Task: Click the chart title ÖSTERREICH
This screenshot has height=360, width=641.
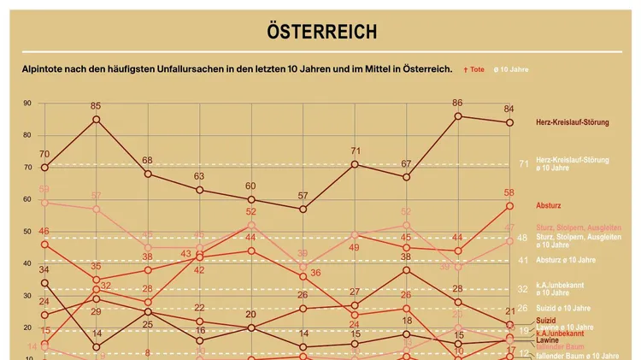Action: click(320, 32)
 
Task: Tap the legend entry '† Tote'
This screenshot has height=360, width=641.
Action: click(473, 69)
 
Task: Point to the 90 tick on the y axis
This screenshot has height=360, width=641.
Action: click(27, 103)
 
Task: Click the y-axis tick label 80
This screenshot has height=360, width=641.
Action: click(27, 135)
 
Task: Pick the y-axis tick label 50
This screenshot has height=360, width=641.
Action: click(27, 232)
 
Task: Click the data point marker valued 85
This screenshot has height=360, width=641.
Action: click(96, 119)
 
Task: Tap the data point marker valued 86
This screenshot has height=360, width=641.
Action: click(458, 116)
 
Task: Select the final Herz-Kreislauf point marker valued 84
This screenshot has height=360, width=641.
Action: click(509, 122)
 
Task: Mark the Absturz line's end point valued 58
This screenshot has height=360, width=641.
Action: click(509, 206)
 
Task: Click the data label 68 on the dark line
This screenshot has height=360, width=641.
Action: click(147, 161)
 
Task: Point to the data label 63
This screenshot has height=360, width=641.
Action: click(198, 177)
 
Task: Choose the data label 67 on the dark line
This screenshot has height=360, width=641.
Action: click(407, 164)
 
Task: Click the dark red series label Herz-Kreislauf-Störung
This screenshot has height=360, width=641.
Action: click(572, 122)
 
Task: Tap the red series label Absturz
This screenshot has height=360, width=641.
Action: click(548, 206)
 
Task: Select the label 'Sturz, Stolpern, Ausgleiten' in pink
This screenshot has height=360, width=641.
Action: click(577, 227)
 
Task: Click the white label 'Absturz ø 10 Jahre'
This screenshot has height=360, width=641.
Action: click(566, 260)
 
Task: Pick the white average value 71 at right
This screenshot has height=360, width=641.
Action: click(523, 163)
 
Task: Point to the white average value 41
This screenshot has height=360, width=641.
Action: click(523, 260)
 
